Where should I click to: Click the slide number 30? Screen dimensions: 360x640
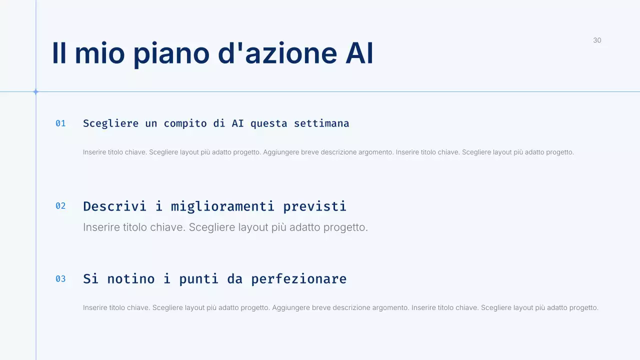click(597, 40)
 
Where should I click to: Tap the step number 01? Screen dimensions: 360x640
click(60, 123)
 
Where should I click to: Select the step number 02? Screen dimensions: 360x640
click(60, 206)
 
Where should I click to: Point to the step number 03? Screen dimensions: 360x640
click(60, 279)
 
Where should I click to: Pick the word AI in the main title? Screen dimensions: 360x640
click(359, 53)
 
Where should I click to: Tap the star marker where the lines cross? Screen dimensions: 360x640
click(35, 91)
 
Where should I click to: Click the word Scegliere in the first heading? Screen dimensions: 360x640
click(110, 123)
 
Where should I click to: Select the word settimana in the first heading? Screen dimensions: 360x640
click(321, 123)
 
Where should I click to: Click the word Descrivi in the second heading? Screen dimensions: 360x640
click(114, 206)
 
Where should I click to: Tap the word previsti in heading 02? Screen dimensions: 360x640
click(314, 206)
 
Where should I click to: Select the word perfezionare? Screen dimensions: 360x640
click(298, 279)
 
